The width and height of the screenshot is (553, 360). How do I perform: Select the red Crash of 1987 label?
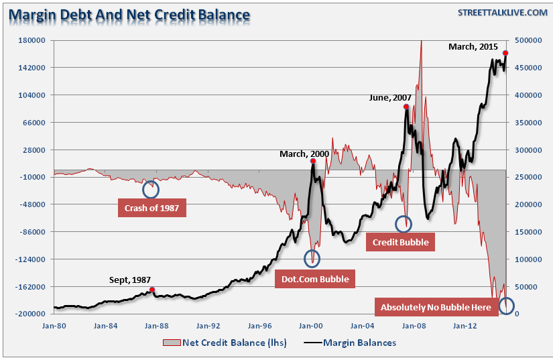pos(151,208)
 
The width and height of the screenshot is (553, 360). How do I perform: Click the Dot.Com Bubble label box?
pos(314,279)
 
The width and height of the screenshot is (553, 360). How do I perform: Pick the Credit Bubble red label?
pos(400,241)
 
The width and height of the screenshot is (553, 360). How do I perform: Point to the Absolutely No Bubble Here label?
pos(436,308)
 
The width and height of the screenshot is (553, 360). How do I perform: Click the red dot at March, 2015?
pos(505,53)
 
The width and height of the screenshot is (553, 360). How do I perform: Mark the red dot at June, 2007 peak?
pos(406,107)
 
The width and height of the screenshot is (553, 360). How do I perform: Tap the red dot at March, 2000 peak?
pos(313,162)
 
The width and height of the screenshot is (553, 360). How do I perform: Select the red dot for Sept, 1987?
pos(153,290)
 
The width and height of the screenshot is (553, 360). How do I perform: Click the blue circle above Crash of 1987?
pos(151,189)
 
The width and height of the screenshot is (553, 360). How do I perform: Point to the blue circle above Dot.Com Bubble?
pos(312,258)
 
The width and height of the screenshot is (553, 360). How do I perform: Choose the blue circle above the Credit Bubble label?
pos(404,224)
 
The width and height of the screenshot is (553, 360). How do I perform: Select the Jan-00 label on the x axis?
pos(311,326)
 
